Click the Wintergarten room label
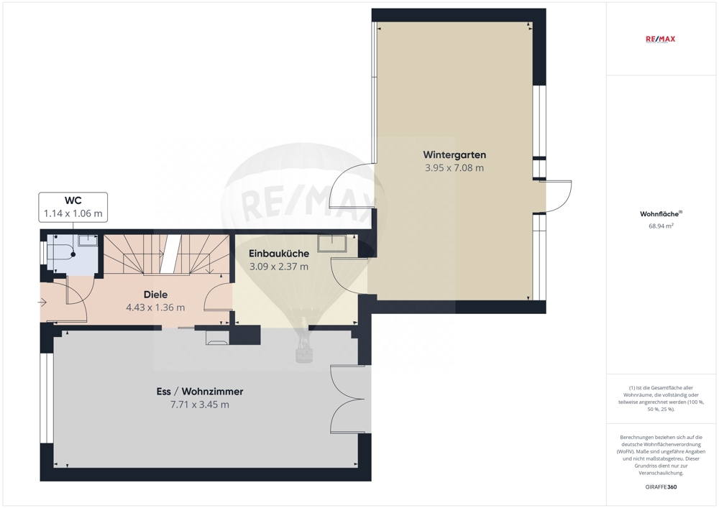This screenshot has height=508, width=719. tap(454, 154)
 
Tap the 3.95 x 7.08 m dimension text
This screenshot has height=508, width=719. tap(454, 167)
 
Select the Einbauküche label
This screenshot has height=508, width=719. tap(279, 254)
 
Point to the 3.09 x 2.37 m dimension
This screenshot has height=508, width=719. tap(279, 267)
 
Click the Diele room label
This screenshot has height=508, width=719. tap(155, 295)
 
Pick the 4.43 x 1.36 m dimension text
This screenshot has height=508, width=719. tap(155, 308)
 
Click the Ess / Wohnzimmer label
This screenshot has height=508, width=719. tap(199, 391)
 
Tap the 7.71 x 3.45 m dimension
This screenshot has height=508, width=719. tap(199, 405)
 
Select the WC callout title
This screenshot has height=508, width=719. tap(73, 200)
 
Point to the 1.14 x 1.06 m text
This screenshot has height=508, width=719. tap(73, 213)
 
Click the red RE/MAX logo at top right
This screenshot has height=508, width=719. tap(660, 40)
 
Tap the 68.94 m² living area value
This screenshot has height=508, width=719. tap(661, 226)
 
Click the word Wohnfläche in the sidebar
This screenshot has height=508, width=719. tap(659, 214)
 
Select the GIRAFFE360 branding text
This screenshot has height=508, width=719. tap(661, 487)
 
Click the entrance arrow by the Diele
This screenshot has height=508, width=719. tap(42, 303)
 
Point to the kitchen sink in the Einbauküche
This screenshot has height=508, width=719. tap(332, 244)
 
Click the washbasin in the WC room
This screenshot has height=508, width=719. tap(87, 240)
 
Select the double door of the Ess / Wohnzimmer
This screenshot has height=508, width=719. tap(348, 399)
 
